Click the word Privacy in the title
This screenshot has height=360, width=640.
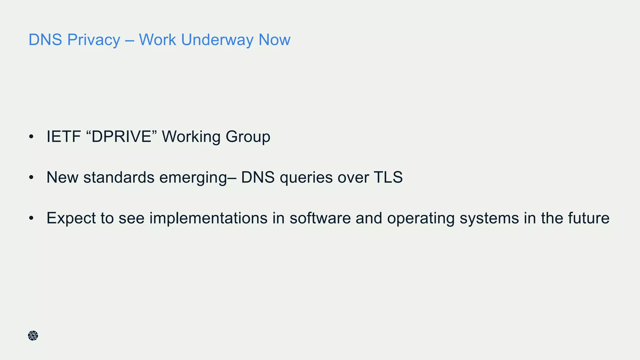[93, 40]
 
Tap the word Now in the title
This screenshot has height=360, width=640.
[274, 40]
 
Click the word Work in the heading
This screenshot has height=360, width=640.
[157, 40]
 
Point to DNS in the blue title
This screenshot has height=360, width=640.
[45, 40]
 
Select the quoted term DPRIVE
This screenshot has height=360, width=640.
[122, 137]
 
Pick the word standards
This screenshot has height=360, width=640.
[119, 177]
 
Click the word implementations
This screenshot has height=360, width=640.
[208, 218]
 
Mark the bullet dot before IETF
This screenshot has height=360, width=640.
[31, 137]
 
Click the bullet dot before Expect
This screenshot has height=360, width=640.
[31, 218]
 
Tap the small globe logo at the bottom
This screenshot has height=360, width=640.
[33, 336]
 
